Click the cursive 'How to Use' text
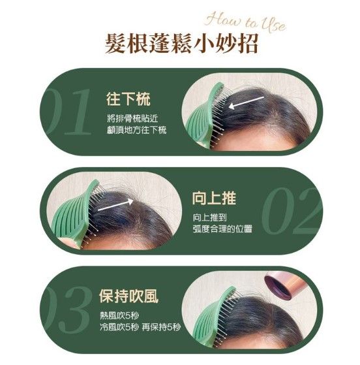(x=246, y=23)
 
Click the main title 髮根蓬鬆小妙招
(x=181, y=44)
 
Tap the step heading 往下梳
(x=128, y=99)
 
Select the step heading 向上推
(x=214, y=198)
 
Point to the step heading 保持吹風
(x=128, y=296)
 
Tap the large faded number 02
(x=292, y=211)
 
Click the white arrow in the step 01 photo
(x=247, y=103)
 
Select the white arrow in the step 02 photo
(x=115, y=205)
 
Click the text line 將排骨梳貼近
(x=132, y=118)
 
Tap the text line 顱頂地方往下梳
(x=137, y=130)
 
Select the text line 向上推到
(x=209, y=217)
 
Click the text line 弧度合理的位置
(x=222, y=229)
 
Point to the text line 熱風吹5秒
(x=119, y=316)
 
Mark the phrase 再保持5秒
(x=161, y=327)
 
